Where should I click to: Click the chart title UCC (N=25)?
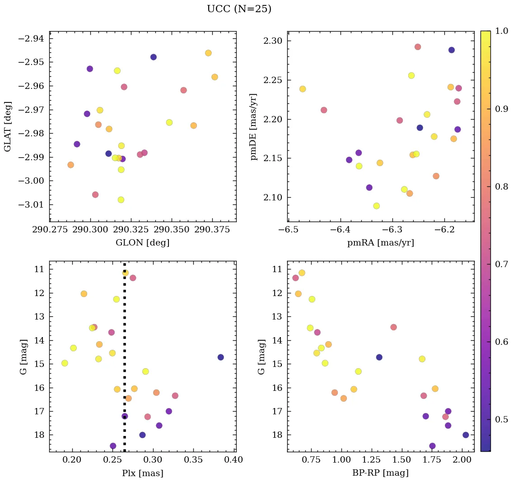[x=239, y=9]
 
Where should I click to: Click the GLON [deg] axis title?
[x=143, y=242]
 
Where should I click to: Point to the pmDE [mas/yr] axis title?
[x=254, y=127]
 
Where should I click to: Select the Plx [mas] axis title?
[x=143, y=473]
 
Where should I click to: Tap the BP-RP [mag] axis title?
[x=380, y=473]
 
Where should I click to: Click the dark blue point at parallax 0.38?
[x=220, y=357]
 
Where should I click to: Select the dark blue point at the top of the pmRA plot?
[x=452, y=50]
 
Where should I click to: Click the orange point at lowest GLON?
[x=70, y=165]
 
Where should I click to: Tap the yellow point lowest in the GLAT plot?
[x=121, y=200]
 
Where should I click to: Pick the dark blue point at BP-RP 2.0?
[x=466, y=435]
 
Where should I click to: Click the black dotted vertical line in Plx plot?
[x=125, y=361]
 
